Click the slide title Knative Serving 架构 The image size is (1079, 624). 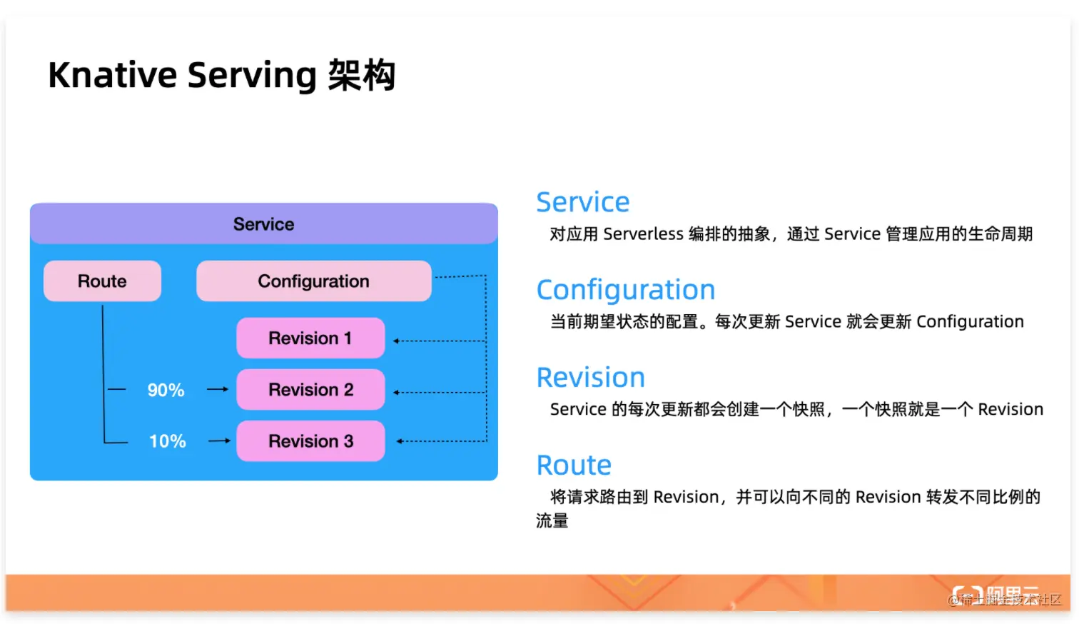click(221, 76)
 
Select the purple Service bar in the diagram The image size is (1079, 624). click(263, 224)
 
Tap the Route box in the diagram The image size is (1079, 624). click(102, 281)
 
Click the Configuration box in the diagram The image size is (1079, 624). click(313, 281)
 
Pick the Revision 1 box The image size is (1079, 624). click(310, 338)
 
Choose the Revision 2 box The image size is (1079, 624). click(310, 390)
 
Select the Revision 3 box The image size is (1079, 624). click(310, 441)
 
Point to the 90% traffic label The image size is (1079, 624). click(166, 391)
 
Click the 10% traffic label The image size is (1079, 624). click(167, 442)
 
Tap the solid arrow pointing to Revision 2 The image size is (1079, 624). click(218, 390)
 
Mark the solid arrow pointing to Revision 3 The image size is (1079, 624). click(219, 441)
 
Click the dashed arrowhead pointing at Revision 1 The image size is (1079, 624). click(397, 341)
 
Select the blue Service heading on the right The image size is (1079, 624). click(582, 203)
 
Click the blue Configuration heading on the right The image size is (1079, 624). click(625, 291)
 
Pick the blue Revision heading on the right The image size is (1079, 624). click(590, 378)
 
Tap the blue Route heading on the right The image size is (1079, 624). click(574, 466)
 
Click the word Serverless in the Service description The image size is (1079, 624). click(643, 234)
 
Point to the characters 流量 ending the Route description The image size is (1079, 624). click(552, 521)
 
